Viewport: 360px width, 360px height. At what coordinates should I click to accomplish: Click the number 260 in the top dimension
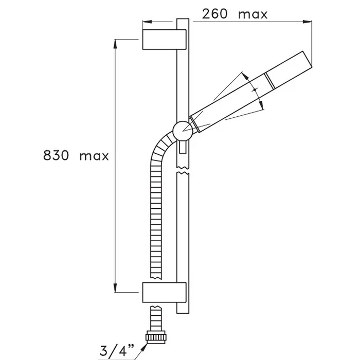point(214,14)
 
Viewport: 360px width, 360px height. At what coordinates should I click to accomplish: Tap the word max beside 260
point(253,15)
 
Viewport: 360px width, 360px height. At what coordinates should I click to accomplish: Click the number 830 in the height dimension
point(56,155)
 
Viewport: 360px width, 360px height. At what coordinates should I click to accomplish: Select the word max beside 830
point(94,156)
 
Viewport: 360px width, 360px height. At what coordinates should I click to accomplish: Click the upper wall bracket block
point(164,40)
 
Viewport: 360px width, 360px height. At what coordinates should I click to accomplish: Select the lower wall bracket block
point(164,292)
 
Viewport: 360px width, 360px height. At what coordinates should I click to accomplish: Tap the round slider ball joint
point(183,131)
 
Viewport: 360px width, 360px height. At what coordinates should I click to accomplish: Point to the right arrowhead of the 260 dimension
point(307,22)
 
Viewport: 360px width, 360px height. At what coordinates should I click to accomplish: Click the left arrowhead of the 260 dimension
point(147,22)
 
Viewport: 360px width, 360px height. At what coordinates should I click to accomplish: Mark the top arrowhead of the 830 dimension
point(115,44)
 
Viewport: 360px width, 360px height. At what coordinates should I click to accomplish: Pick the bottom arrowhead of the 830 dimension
point(115,287)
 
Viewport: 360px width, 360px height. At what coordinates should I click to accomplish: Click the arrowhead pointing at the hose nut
point(144,347)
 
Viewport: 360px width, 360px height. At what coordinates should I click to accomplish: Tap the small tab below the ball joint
point(183,147)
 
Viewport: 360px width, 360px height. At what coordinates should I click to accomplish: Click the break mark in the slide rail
point(183,170)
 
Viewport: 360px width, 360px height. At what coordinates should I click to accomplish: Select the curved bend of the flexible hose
point(160,147)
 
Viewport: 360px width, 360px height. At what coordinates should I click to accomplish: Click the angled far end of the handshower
point(307,59)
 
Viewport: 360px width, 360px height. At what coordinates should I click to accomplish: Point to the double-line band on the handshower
point(269,81)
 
